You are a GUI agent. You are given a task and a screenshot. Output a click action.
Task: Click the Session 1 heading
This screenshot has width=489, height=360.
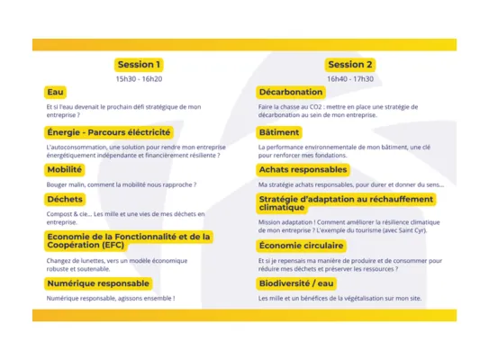[139, 65]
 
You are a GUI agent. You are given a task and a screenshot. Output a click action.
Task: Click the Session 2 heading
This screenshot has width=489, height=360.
[350, 65]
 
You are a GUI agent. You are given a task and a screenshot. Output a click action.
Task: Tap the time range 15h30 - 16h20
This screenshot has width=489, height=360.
[139, 79]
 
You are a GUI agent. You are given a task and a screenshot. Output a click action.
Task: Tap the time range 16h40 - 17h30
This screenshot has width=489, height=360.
[350, 79]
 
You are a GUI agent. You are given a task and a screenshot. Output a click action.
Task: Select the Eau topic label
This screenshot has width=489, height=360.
[55, 92]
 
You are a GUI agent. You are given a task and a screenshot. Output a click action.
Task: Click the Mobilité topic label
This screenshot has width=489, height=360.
[65, 169]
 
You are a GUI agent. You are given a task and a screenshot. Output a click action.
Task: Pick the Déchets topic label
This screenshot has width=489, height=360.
[65, 199]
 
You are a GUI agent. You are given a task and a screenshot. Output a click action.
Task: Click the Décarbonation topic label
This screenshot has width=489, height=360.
[290, 92]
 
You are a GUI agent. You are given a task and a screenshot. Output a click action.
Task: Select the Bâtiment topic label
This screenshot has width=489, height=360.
[279, 131]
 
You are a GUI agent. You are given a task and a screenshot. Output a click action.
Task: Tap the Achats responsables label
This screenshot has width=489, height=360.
[302, 169]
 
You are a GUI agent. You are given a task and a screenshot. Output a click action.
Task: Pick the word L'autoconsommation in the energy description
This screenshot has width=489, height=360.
[78, 145]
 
